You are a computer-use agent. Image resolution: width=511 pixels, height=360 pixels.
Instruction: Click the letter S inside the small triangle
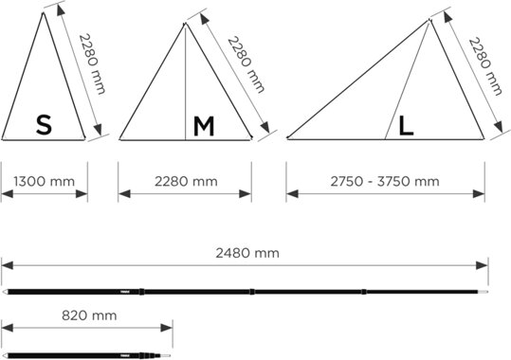(x=44, y=125)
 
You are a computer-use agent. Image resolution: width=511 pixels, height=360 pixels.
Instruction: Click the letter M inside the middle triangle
(x=204, y=126)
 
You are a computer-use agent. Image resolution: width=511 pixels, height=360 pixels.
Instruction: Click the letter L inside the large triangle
(x=407, y=126)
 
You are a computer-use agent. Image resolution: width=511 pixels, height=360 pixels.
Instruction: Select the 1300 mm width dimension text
(x=44, y=181)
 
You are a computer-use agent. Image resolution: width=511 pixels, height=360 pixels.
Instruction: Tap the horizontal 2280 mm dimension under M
(x=186, y=181)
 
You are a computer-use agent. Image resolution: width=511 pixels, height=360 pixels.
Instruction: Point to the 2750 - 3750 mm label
(x=385, y=181)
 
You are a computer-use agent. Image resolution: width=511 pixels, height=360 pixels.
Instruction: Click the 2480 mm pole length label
(x=247, y=253)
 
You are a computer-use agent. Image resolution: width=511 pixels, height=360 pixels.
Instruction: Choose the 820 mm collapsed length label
(x=89, y=315)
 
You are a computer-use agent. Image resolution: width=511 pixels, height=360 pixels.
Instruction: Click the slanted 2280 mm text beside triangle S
(x=93, y=63)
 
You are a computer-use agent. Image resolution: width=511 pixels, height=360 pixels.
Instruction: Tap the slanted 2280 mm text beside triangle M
(x=246, y=64)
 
